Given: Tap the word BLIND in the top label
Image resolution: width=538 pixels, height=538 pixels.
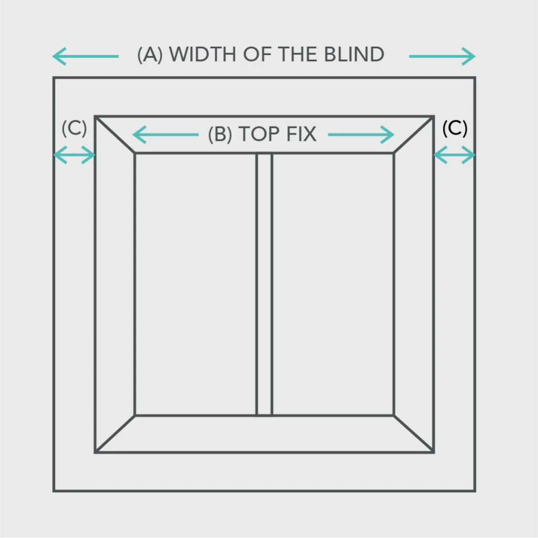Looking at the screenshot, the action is (354, 55).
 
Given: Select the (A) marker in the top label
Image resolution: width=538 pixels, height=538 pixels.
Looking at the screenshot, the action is (150, 55).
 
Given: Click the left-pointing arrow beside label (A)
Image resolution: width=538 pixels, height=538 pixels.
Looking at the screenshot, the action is (86, 56).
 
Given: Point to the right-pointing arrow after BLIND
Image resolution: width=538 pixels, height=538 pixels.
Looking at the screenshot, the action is (442, 56).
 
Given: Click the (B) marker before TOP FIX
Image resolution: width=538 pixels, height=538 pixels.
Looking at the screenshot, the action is (220, 134).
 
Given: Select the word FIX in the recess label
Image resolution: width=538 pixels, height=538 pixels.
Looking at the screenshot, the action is (301, 134).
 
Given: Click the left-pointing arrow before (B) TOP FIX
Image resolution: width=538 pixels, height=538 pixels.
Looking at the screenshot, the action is (165, 134).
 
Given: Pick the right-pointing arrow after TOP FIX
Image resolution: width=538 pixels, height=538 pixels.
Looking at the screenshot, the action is (361, 134).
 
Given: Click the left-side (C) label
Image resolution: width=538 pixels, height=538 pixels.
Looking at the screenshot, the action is (75, 128).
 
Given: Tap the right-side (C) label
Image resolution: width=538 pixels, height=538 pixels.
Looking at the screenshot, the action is (455, 128).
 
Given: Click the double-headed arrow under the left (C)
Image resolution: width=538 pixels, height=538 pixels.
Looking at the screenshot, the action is (75, 155).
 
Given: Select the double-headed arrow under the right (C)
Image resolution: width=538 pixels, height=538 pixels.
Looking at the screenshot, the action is (454, 155).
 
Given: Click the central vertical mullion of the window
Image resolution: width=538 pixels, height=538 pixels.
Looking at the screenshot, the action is (264, 284).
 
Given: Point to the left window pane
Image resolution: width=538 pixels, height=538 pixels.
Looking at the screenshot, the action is (196, 284).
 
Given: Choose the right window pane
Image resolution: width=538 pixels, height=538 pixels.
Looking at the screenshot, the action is (333, 284).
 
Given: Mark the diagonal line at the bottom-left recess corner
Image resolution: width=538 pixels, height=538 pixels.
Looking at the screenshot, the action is (115, 433).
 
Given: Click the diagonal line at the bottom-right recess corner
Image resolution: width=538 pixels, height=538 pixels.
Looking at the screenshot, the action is (414, 433).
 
